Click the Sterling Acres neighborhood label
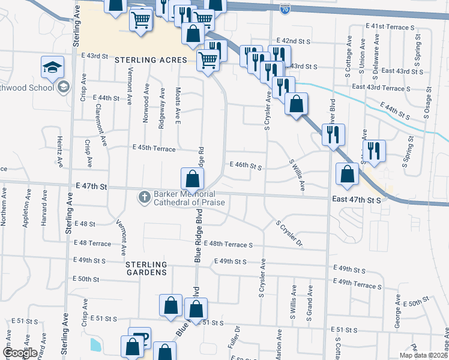(152, 60)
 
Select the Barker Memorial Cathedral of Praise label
(189, 198)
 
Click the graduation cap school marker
(53, 67)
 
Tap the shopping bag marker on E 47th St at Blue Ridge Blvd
(192, 179)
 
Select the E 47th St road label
(91, 187)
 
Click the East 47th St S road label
(357, 199)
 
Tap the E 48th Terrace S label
(228, 245)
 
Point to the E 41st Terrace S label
(390, 27)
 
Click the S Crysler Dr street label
(289, 233)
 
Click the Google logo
(20, 353)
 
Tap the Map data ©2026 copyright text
(424, 355)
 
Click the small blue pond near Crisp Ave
(95, 344)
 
